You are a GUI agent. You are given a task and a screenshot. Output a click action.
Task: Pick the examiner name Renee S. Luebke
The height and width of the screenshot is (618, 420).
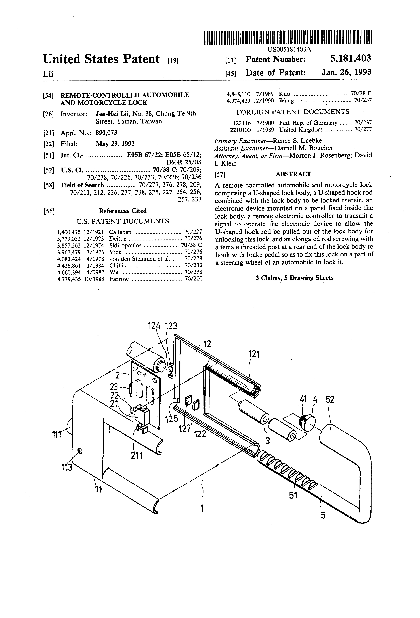(x=297, y=140)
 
